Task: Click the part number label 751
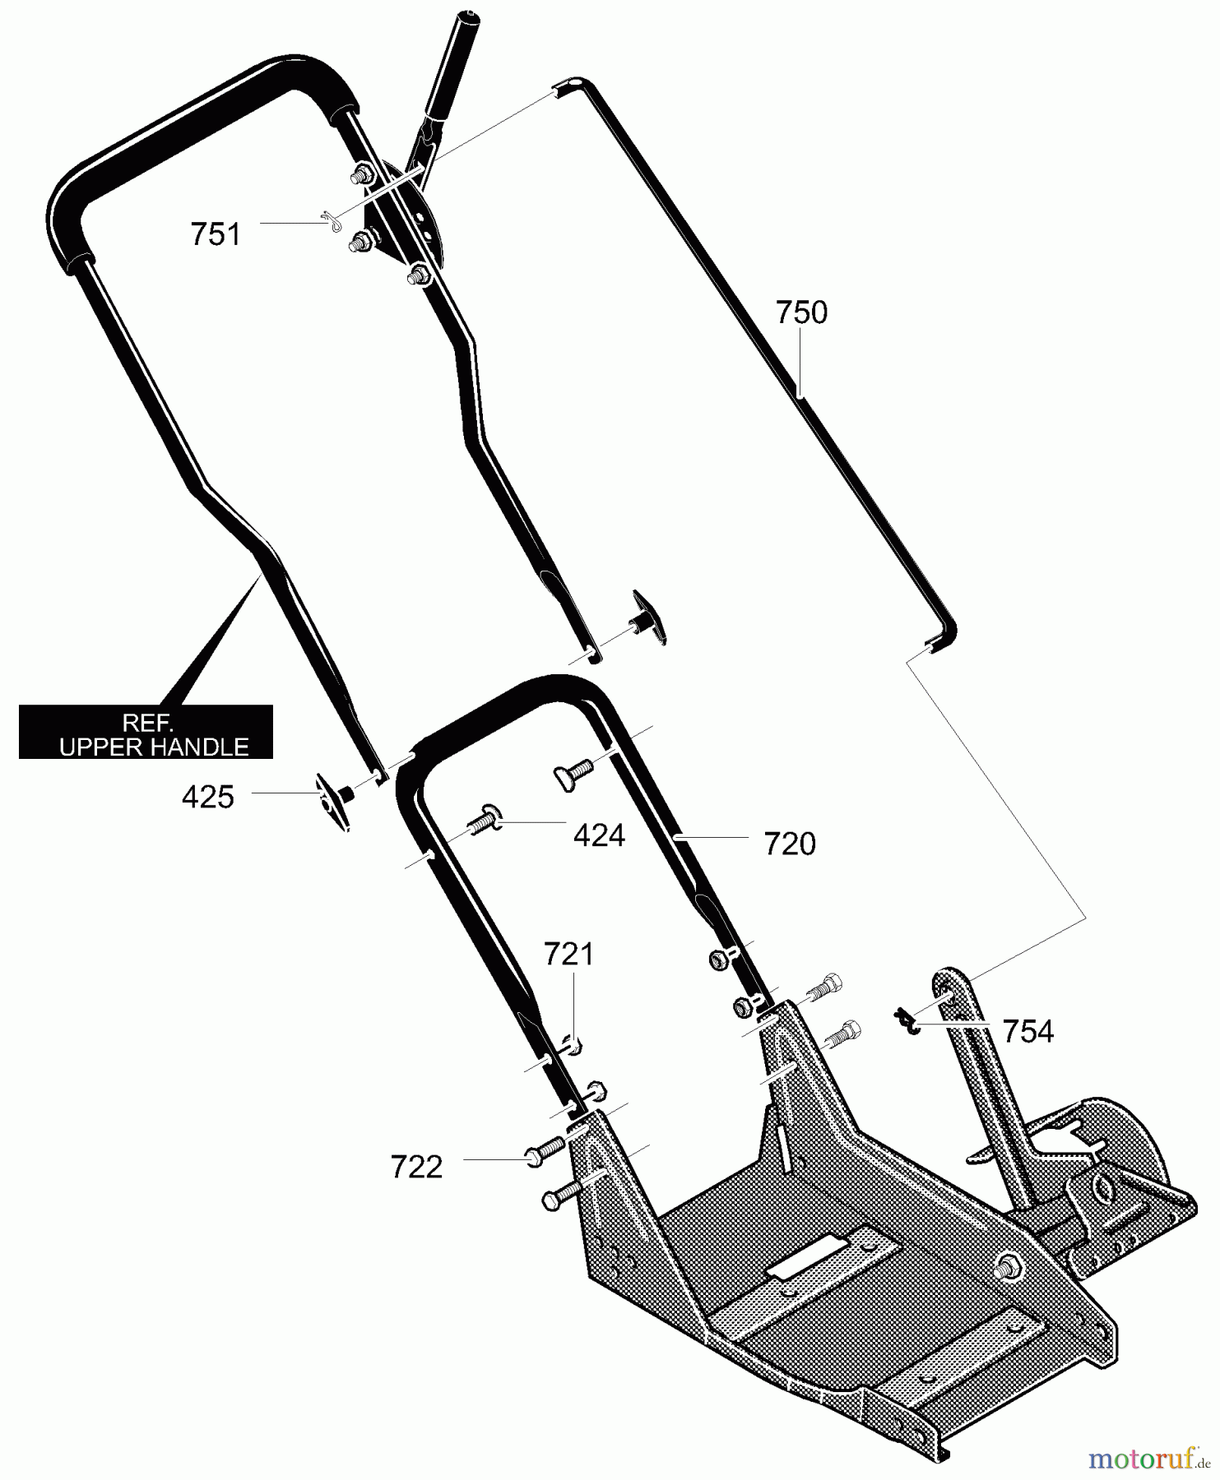pyautogui.click(x=216, y=234)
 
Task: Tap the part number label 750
pyautogui.click(x=801, y=312)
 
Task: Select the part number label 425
pyautogui.click(x=208, y=797)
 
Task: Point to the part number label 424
pyautogui.click(x=599, y=836)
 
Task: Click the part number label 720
pyautogui.click(x=790, y=844)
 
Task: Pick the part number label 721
pyautogui.click(x=568, y=955)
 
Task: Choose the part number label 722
pyautogui.click(x=417, y=1167)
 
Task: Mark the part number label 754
pyautogui.click(x=1028, y=1031)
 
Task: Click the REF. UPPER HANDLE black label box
pyautogui.click(x=146, y=731)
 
